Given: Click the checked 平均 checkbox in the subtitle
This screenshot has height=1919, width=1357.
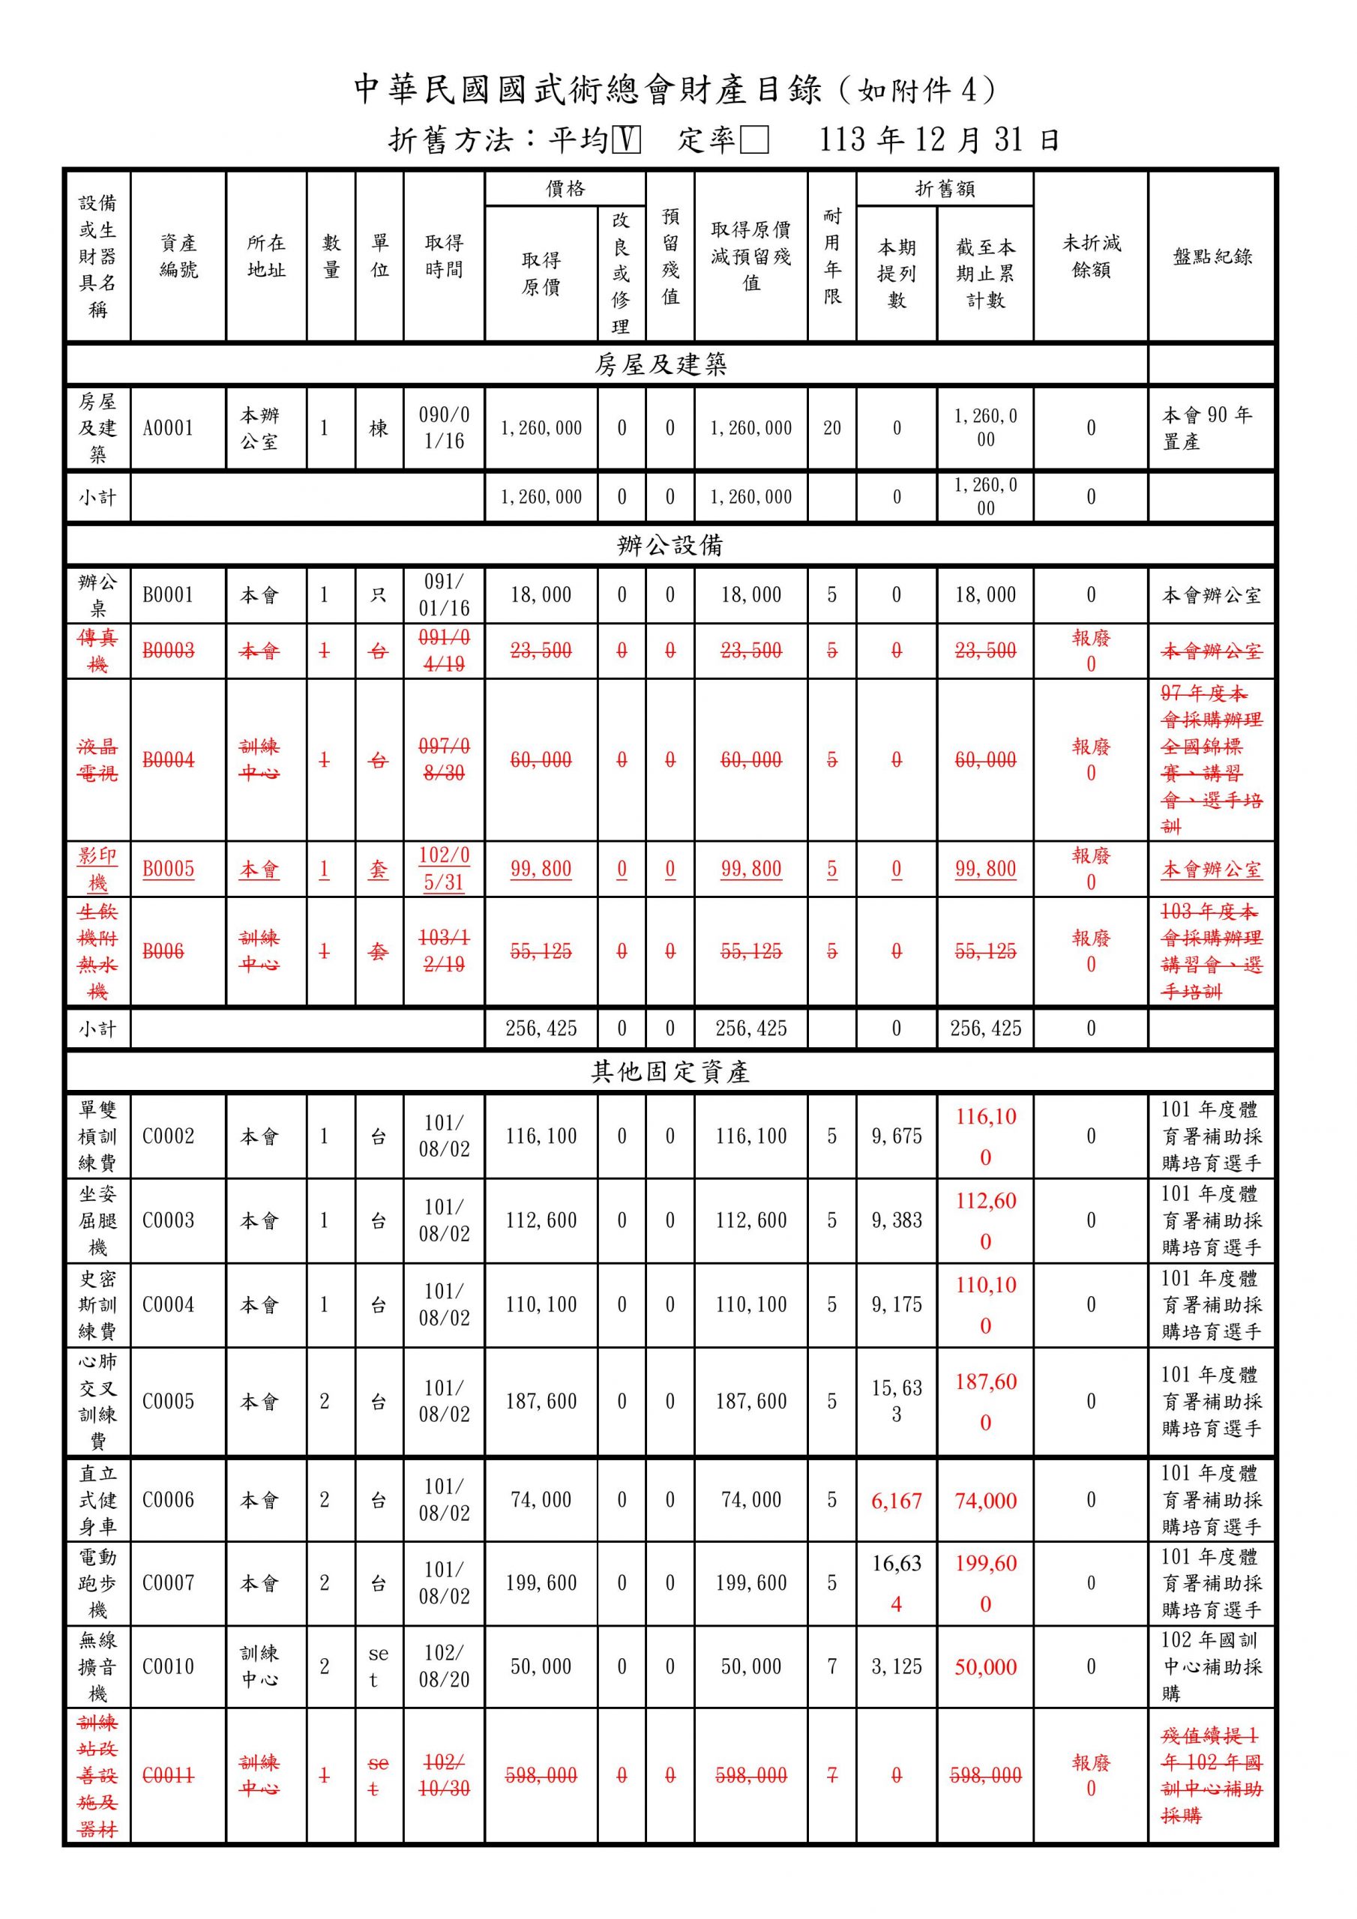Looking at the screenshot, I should (626, 139).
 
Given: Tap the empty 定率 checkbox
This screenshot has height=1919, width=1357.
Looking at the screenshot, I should (754, 139).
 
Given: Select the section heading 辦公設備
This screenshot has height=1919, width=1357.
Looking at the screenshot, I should (670, 546).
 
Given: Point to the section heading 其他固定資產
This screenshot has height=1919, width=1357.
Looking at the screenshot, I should (670, 1073).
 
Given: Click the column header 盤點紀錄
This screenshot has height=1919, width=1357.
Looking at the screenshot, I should (1212, 256).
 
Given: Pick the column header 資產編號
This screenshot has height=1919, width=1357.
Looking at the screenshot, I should (178, 256).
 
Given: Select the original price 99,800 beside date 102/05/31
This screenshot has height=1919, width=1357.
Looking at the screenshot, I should (541, 870).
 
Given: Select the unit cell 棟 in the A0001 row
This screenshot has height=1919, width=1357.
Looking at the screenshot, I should (379, 428).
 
